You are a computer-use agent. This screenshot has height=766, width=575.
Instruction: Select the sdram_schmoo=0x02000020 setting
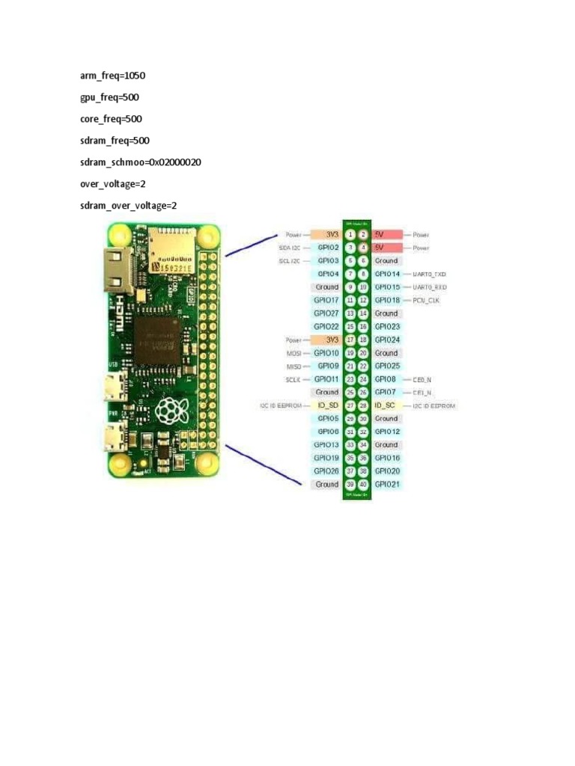coord(141,162)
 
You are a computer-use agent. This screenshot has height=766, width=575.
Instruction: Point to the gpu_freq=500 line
coord(109,97)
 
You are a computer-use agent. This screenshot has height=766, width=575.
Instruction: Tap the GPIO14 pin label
coord(387,274)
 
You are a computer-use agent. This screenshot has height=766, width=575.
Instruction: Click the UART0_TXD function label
coord(430,274)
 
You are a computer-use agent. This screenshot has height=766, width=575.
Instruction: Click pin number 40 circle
coord(363,485)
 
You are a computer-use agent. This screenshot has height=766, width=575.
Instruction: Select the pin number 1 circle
coord(350,234)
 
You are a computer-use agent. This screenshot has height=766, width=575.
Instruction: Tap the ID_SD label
coord(327,405)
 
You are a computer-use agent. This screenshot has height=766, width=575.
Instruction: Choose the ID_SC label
coord(385,405)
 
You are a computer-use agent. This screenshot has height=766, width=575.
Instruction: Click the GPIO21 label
coord(387,485)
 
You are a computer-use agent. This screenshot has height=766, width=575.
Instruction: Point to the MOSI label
coord(293,353)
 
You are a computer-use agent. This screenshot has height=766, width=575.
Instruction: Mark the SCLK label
coord(293,379)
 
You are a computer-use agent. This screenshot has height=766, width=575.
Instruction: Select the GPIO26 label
coord(326,471)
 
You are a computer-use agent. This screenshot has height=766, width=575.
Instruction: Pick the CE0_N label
coord(422,379)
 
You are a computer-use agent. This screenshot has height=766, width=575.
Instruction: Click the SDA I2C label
coord(289,248)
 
